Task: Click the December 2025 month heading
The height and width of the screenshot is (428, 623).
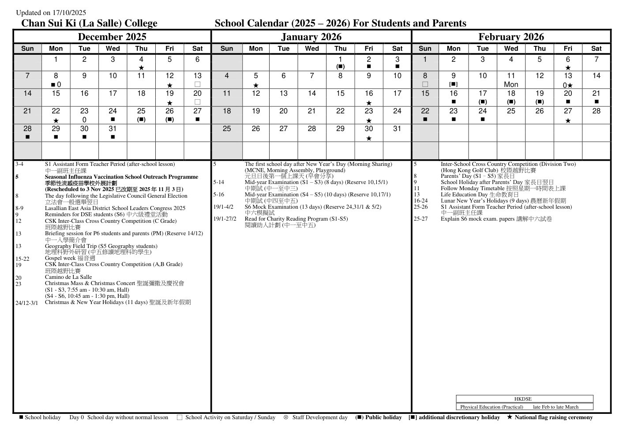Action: tap(112, 37)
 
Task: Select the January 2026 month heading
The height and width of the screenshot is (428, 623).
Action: tap(311, 37)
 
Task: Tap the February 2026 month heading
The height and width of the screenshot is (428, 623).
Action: tap(511, 37)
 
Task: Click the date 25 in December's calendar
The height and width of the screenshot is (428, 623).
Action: tap(141, 111)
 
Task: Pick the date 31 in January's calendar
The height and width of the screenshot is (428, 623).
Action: tap(397, 129)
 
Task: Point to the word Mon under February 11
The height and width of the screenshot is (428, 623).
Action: tap(511, 84)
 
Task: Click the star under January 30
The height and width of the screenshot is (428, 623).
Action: tap(369, 138)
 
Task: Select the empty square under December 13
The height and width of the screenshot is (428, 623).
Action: tap(197, 84)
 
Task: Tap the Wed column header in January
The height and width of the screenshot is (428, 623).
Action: tap(312, 49)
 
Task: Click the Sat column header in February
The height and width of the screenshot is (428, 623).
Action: tap(596, 49)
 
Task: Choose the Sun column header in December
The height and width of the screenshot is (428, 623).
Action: tap(27, 49)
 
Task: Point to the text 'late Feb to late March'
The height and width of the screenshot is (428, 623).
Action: tap(555, 407)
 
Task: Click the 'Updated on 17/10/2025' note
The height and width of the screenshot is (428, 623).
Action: tap(51, 13)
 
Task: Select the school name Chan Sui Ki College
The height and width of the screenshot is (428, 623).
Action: tap(89, 23)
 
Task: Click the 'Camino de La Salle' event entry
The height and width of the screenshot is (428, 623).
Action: tap(68, 277)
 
